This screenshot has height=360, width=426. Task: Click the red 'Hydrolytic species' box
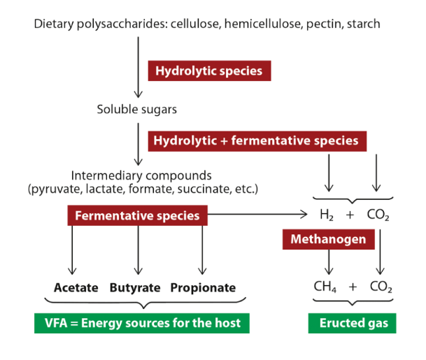[x=209, y=71]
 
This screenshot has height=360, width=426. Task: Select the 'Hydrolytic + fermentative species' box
[x=255, y=141]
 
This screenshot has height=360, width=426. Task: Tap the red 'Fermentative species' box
[x=137, y=215]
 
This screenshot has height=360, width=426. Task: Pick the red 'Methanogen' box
[x=328, y=240]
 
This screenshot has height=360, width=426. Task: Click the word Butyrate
[x=135, y=287]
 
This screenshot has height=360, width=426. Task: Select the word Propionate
[x=203, y=287]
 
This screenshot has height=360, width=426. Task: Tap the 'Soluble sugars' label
[x=137, y=109]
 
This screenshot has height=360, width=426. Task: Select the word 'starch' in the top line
[x=364, y=24]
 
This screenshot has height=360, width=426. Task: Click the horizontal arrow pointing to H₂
[x=266, y=215]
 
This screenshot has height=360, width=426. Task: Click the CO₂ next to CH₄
[x=380, y=287]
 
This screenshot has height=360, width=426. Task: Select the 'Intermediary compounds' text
[x=141, y=175]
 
